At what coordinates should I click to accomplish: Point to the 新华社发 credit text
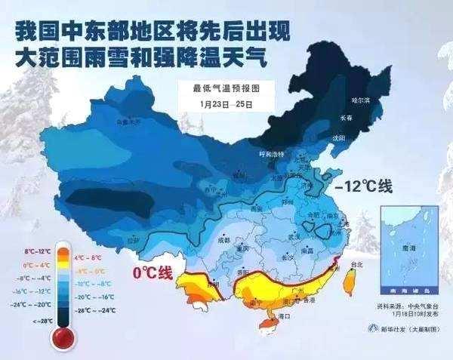[x=405, y=331]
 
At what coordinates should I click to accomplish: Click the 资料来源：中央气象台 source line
[x=408, y=308]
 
